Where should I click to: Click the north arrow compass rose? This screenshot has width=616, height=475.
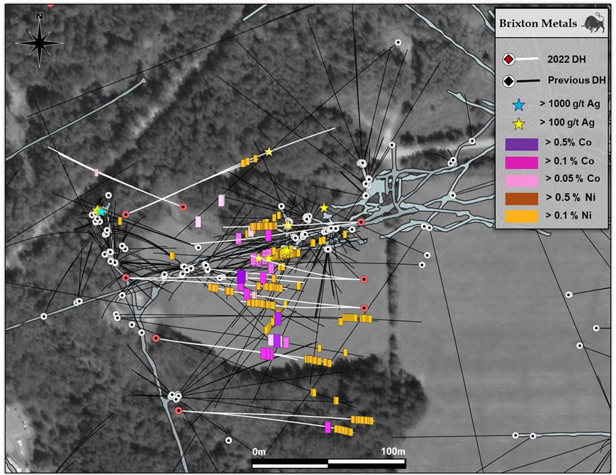pos(39,42)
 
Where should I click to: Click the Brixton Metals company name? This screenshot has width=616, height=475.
pos(537,24)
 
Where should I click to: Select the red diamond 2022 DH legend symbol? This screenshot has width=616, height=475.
pos(509,60)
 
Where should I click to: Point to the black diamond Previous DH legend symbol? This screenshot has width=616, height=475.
pos(509,81)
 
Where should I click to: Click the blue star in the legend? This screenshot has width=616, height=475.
pos(517,104)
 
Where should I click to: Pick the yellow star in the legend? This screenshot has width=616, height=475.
pos(517,123)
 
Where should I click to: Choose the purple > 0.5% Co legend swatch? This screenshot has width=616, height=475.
pos(522,144)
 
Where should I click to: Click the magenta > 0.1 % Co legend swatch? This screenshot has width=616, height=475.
pos(522,162)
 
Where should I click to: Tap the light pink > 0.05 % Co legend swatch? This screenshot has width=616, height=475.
pos(522,180)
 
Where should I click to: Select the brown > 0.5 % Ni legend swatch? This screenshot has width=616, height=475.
pos(522,198)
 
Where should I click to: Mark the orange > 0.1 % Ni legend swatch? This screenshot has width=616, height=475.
pos(522,216)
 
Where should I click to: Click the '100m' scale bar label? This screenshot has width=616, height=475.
pos(392,450)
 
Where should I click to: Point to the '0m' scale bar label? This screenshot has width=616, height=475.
pos(259,450)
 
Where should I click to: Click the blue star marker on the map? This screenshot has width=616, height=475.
pos(101,212)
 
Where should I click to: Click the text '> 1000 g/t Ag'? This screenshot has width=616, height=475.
pos(567,104)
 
